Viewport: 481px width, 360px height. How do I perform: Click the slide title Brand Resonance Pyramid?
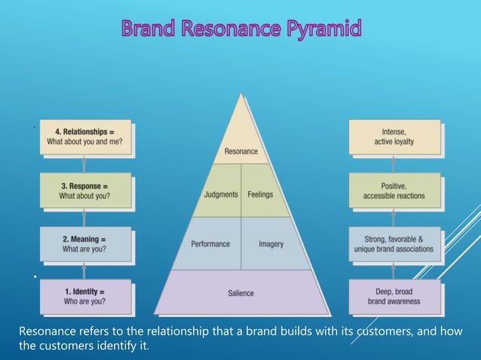click(x=240, y=30)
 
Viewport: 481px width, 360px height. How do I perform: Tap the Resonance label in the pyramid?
click(x=241, y=151)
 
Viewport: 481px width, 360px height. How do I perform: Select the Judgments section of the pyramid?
click(x=220, y=194)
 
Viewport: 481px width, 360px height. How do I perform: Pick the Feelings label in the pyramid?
click(x=260, y=194)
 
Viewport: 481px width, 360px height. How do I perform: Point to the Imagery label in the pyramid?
click(x=271, y=244)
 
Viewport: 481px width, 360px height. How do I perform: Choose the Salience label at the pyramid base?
click(x=241, y=292)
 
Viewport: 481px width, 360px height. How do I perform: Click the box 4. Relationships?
click(x=85, y=136)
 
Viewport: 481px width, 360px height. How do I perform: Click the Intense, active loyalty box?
click(x=394, y=136)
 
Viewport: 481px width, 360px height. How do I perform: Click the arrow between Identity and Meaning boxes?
click(x=84, y=270)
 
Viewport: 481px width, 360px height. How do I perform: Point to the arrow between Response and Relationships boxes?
click(x=84, y=163)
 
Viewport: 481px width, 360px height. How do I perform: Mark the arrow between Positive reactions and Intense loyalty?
click(x=394, y=163)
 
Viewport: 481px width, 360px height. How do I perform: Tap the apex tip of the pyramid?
click(x=241, y=94)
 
